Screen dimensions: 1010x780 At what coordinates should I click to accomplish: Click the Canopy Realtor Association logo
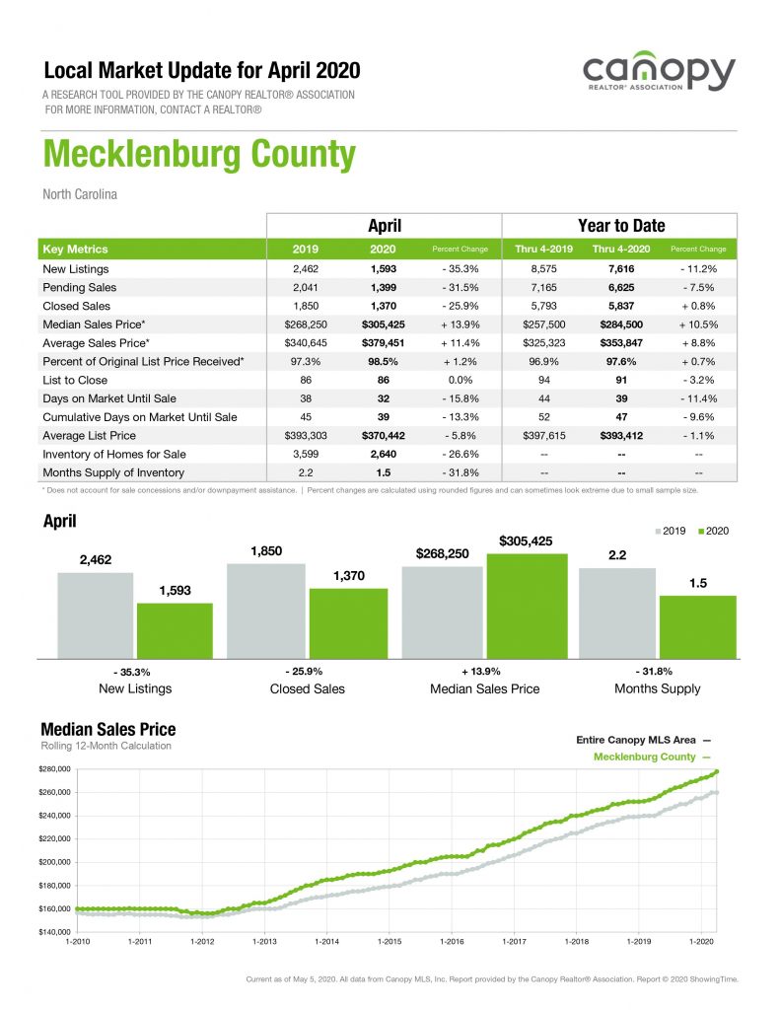click(658, 76)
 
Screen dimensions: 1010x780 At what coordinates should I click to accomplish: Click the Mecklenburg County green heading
click(198, 156)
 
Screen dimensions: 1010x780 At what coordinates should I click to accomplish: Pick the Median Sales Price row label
click(95, 325)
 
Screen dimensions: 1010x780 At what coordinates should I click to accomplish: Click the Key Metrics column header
click(76, 250)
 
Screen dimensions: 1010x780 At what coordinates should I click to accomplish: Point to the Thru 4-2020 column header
click(620, 250)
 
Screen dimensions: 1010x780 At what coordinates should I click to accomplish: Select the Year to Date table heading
click(620, 226)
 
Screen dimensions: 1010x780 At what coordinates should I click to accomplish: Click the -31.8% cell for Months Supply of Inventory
click(461, 472)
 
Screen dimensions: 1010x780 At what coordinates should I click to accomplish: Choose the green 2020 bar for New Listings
click(175, 630)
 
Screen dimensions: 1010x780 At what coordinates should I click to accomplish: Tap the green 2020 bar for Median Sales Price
click(527, 606)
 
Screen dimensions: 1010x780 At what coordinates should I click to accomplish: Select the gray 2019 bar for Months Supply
click(617, 613)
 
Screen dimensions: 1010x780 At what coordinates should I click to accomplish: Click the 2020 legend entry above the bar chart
click(714, 532)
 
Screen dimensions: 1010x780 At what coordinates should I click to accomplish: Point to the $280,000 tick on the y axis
click(56, 769)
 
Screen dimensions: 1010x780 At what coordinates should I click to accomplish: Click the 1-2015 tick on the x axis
click(389, 942)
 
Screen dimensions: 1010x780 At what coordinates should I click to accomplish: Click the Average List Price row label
click(91, 436)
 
